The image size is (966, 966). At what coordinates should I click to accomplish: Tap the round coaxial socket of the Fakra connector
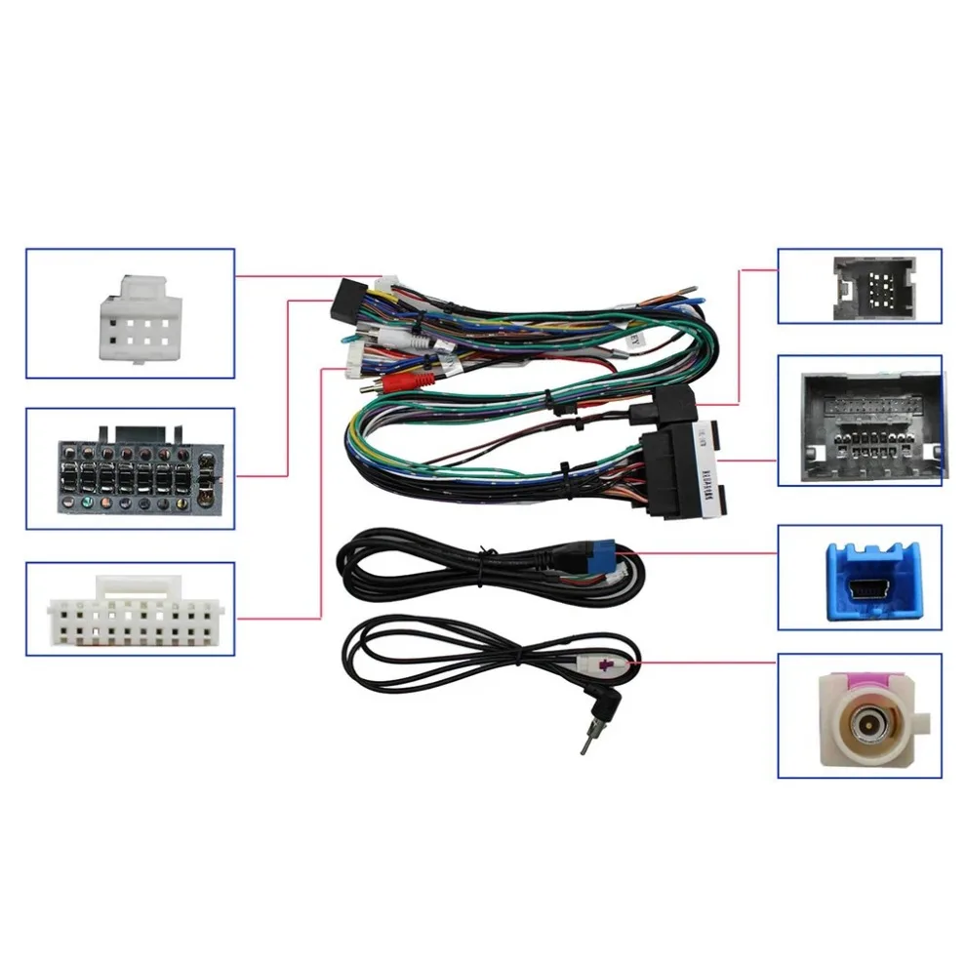point(865,726)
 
